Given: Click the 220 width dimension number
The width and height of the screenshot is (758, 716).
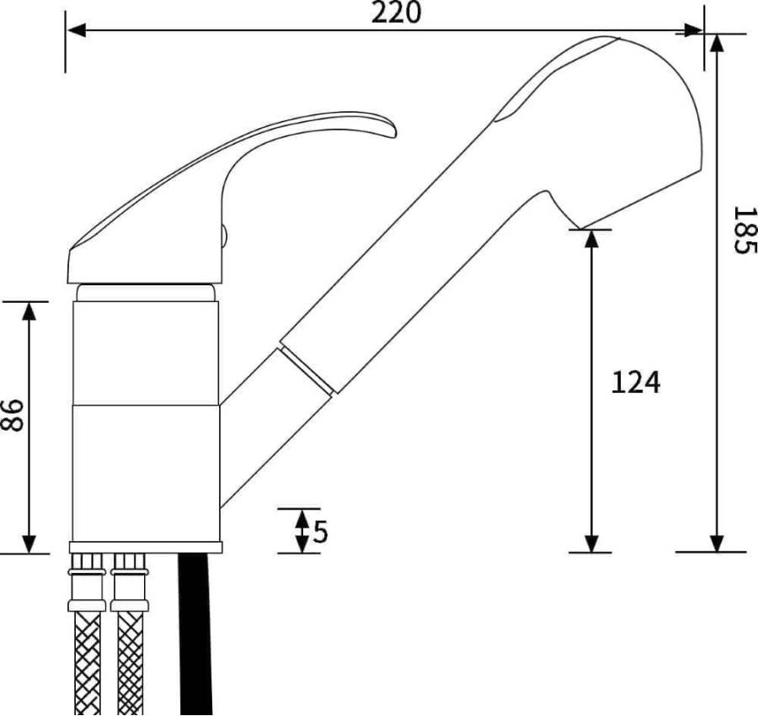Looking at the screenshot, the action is pyautogui.click(x=396, y=13).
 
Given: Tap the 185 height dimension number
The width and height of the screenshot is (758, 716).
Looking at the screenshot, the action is pyautogui.click(x=744, y=231).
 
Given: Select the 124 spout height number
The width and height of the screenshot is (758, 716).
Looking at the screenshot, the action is pyautogui.click(x=636, y=382).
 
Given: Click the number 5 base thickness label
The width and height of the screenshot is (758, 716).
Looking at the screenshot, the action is pyautogui.click(x=321, y=532).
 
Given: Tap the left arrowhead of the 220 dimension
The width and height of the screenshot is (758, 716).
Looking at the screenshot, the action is pyautogui.click(x=77, y=30).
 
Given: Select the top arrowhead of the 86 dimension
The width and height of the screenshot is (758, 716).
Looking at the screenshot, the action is pyautogui.click(x=29, y=311).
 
